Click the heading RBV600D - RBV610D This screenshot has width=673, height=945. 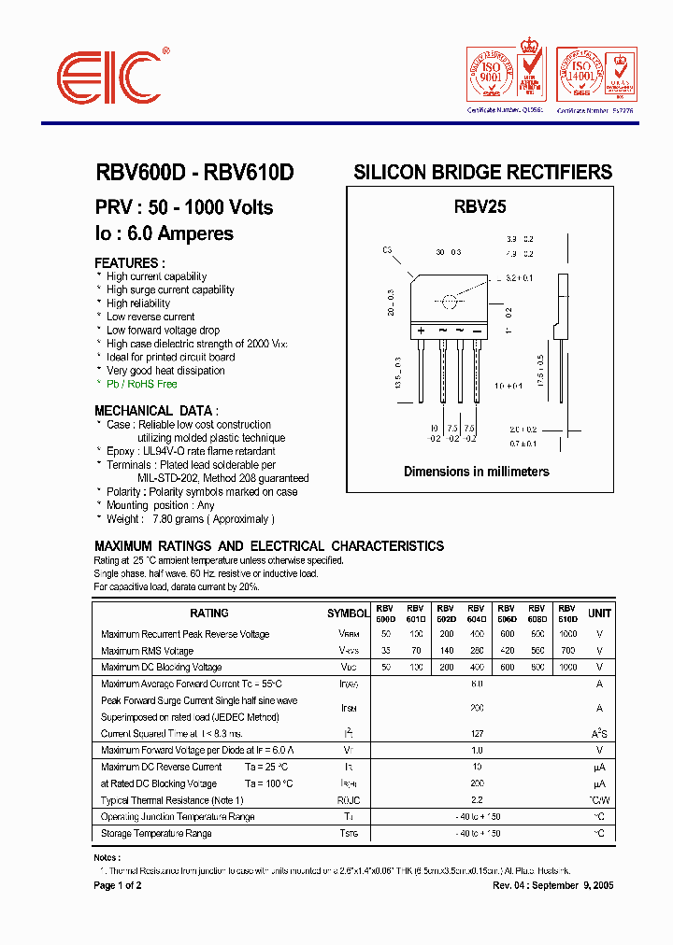[194, 173]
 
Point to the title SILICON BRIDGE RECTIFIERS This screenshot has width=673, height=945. [482, 173]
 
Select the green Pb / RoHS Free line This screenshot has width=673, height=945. [141, 384]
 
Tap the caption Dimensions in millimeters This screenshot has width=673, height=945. [476, 472]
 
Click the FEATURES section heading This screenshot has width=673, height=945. [130, 263]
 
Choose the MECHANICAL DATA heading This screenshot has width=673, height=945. [156, 411]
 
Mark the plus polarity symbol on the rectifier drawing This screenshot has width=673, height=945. [422, 331]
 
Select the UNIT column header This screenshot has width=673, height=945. [599, 614]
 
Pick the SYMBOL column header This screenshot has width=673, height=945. [348, 614]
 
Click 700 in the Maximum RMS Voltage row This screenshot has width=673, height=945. [567, 651]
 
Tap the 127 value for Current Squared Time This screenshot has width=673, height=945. [476, 733]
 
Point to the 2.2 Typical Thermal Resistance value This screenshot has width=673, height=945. [476, 800]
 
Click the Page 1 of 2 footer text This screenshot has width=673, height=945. [118, 885]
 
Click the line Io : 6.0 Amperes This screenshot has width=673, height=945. [164, 233]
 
